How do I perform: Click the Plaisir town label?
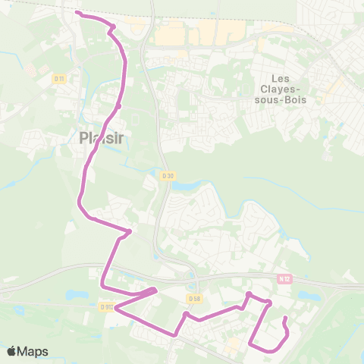(x=101, y=137)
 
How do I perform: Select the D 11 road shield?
(x=58, y=78)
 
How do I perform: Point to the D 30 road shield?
(x=168, y=176)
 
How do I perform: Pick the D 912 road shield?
(x=105, y=307)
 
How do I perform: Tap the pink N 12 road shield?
(x=284, y=278)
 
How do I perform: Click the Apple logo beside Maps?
(x=12, y=351)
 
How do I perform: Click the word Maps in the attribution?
(x=33, y=351)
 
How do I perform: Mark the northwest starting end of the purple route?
(x=78, y=13)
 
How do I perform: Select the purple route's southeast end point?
(x=284, y=318)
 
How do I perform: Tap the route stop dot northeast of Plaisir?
(x=119, y=106)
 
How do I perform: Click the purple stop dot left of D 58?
(x=185, y=313)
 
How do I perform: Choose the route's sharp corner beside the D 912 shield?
(x=115, y=308)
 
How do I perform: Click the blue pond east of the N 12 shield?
(x=306, y=296)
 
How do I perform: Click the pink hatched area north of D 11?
(x=30, y=69)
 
